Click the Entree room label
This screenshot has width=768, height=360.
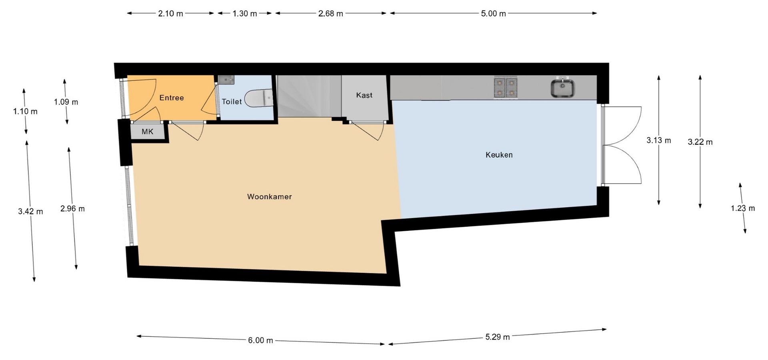tap(172, 98)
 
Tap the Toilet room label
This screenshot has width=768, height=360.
tap(232, 102)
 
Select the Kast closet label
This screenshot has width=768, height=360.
tap(364, 95)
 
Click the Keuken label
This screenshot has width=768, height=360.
tap(499, 155)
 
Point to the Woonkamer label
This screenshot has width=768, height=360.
tap(269, 196)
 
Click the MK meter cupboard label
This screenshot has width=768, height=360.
tap(147, 132)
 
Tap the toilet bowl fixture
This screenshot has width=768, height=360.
tap(258, 98)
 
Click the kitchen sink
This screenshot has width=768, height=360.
tap(562, 88)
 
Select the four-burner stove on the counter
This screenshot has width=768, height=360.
tap(506, 88)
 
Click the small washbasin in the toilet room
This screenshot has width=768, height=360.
tap(226, 80)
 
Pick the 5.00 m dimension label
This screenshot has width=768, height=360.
tap(493, 14)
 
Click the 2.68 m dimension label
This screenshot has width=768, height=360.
tap(330, 14)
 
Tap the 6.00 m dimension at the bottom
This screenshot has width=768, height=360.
tap(260, 340)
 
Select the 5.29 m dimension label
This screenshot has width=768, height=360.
tap(498, 337)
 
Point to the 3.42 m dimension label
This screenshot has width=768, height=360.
tap(30, 211)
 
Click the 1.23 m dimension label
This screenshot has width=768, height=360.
tap(743, 208)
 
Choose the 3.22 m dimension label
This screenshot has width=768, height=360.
tap(700, 142)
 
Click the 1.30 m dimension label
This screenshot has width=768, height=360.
tap(245, 14)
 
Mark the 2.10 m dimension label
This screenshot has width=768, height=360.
tap(170, 14)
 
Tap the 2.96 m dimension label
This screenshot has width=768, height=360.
tap(72, 208)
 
